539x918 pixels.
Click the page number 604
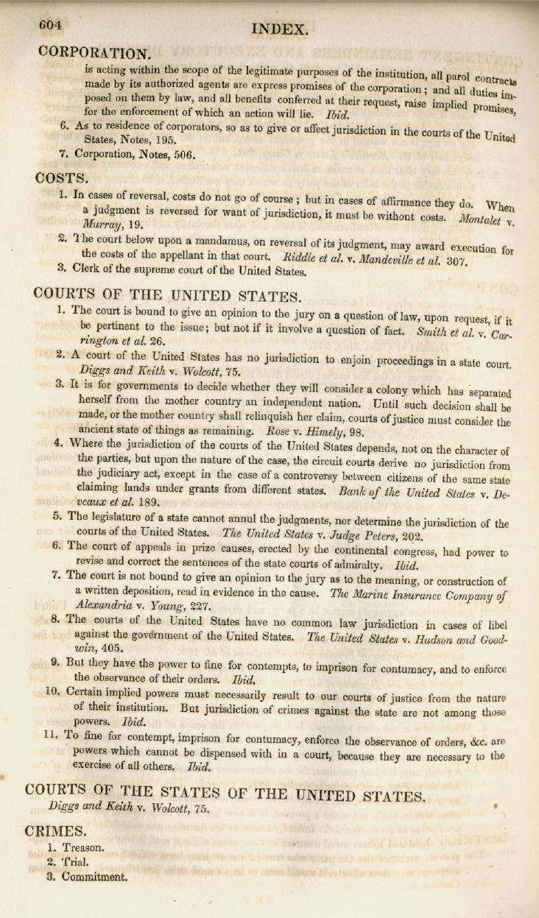tap(50, 24)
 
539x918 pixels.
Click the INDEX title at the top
tap(279, 29)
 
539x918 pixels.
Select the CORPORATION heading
tap(94, 53)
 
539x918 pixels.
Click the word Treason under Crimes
tap(82, 847)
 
